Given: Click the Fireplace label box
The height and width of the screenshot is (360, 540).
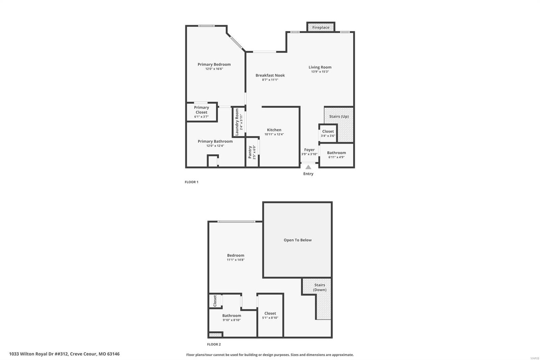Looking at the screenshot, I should (x=321, y=27).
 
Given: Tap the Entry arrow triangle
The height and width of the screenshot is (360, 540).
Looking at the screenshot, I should (x=308, y=167).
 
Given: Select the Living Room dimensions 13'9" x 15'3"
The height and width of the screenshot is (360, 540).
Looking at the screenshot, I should (x=320, y=72).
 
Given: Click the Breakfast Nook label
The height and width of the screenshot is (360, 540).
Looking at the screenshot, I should (x=270, y=75).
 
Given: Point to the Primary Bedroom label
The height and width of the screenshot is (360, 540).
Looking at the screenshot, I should (x=214, y=64).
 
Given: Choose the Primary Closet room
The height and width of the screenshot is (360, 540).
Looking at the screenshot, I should (x=201, y=112).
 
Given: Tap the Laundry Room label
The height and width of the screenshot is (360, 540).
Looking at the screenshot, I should (x=237, y=122).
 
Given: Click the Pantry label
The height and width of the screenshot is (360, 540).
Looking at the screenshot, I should (x=250, y=152).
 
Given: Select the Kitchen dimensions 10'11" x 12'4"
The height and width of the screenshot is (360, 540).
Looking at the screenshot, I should (x=274, y=134).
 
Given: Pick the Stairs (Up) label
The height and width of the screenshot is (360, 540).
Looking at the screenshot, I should (x=339, y=117).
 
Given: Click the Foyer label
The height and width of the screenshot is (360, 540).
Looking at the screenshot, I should (x=309, y=150).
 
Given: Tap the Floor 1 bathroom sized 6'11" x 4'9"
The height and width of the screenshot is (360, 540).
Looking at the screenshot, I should (x=336, y=155).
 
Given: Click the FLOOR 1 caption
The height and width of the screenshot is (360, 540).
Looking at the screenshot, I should (x=191, y=182).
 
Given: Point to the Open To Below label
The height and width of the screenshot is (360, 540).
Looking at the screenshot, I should (x=297, y=240).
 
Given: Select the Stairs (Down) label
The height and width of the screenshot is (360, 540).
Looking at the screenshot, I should (x=319, y=287).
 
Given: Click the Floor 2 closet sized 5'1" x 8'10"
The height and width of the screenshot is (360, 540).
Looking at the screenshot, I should (x=270, y=315).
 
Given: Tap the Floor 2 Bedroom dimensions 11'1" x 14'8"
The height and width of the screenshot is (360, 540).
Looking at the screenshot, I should (x=236, y=260).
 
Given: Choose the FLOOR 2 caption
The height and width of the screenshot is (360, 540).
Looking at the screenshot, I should (x=214, y=344).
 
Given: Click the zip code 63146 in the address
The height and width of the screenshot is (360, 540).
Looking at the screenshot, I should (x=113, y=354).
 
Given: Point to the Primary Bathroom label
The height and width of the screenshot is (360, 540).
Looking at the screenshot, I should (x=215, y=141).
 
